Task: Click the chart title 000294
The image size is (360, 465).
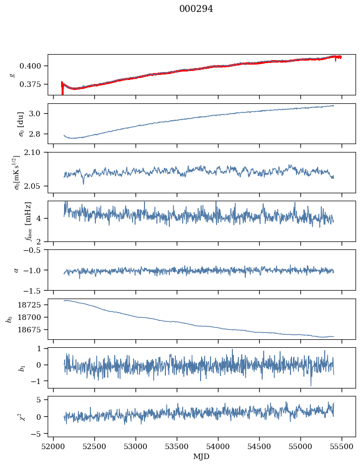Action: (196, 9)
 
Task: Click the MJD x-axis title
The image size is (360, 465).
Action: (201, 457)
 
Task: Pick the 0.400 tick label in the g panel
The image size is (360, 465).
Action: (34, 66)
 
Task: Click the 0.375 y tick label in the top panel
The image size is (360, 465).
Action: (34, 84)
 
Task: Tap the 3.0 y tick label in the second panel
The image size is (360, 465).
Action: (38, 114)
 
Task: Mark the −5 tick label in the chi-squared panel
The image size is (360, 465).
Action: (39, 434)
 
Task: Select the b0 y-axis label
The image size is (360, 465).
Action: (8, 319)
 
